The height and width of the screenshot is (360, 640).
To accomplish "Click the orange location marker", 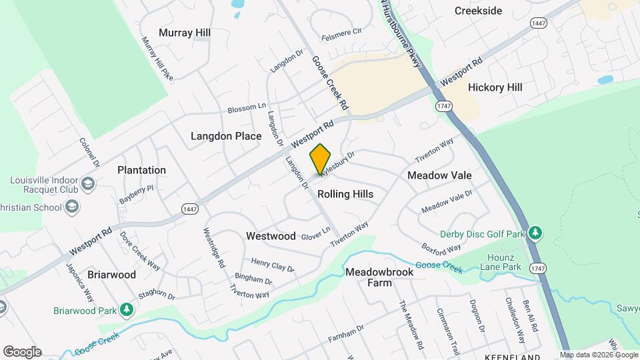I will tap(321, 159).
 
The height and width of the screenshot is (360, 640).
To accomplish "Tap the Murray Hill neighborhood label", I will tap(185, 33).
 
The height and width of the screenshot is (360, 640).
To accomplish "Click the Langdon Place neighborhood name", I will tap(226, 136).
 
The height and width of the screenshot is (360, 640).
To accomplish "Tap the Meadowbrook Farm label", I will tap(379, 277).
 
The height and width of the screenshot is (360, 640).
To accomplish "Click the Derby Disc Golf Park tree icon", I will tap(534, 233).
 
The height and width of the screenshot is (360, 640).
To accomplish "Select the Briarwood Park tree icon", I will tap(126, 310).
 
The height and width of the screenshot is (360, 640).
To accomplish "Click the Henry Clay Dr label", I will tap(271, 265).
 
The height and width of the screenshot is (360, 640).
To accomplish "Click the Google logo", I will tap(22, 351).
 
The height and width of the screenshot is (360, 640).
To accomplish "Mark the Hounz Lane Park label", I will tap(500, 263).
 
